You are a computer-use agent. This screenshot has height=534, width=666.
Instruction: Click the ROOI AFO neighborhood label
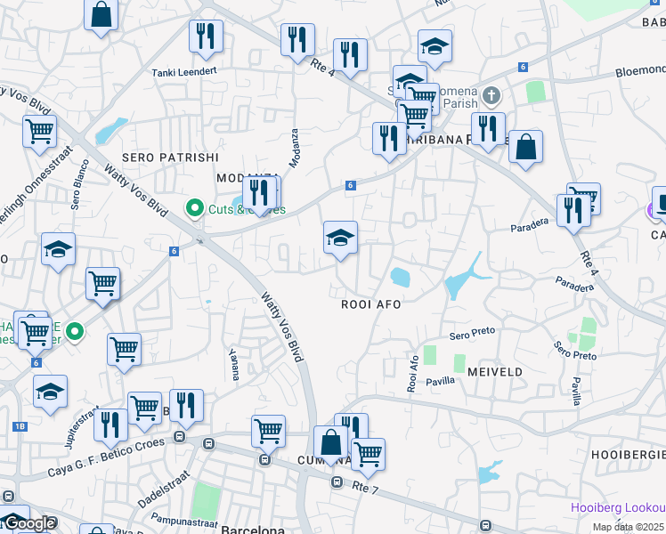tap(371, 303)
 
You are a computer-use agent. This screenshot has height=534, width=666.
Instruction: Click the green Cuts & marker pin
tap(194, 208)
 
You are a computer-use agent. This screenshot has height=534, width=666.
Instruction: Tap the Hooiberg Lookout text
tap(618, 507)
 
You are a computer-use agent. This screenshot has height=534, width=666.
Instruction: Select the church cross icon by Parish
tap(491, 94)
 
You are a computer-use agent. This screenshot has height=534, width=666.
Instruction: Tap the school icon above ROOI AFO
tap(340, 238)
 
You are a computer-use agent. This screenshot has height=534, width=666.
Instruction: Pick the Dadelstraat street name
tap(163, 489)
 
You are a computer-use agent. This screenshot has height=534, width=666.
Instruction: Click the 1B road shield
tap(20, 425)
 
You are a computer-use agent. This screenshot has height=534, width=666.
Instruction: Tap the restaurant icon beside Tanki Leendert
tap(206, 36)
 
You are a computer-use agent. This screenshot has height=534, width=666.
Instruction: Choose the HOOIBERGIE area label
tap(628, 454)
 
